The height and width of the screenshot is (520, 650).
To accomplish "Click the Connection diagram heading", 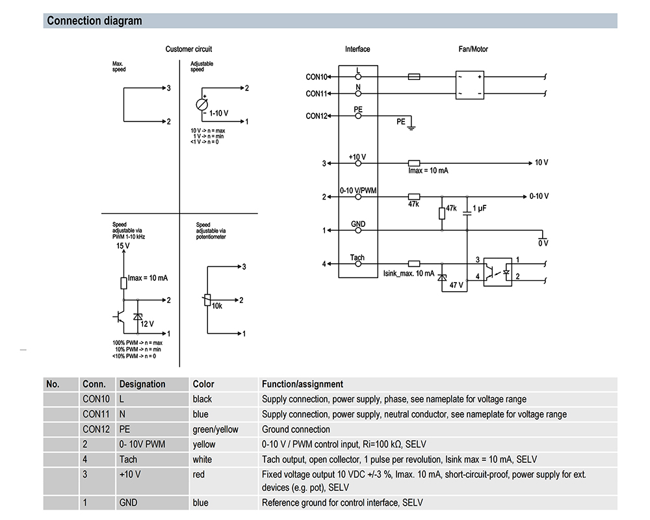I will click(x=94, y=21).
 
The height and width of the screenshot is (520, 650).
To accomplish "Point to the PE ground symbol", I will click(x=411, y=125).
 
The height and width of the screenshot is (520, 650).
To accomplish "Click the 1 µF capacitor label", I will click(x=480, y=208).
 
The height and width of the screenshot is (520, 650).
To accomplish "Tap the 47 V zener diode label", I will click(x=457, y=285).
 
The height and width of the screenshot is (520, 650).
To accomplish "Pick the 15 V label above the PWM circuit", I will click(x=123, y=247).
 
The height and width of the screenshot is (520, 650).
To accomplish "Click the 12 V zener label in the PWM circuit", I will click(x=148, y=324).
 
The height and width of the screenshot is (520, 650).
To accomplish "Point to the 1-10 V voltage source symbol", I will click(x=202, y=105).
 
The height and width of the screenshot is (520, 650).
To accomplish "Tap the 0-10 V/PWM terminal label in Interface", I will click(x=359, y=190).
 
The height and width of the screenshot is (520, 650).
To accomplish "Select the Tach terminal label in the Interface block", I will click(x=357, y=257).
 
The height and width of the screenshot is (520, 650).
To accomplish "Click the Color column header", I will click(x=203, y=384).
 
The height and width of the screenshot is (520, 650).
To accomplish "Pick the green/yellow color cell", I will click(x=215, y=429).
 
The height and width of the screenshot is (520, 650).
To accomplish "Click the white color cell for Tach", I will click(x=202, y=460).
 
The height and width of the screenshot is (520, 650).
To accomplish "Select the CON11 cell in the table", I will click(x=96, y=414).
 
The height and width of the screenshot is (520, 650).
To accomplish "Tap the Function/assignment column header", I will click(x=302, y=384).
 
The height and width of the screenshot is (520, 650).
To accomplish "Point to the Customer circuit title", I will click(x=188, y=49).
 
